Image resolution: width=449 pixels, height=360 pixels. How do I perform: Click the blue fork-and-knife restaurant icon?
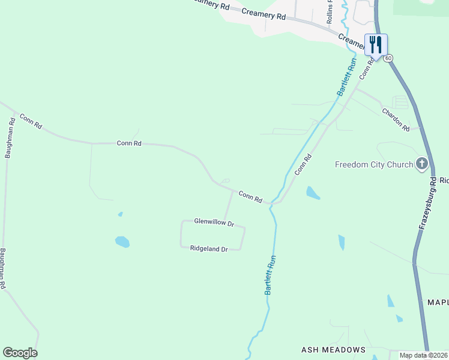coord(376,44)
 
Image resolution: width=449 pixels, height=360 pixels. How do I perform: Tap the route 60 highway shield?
coord(389,58)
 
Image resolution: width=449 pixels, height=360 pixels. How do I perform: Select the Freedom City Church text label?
coord(374,164)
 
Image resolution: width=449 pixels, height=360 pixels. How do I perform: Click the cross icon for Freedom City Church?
coord(422,163)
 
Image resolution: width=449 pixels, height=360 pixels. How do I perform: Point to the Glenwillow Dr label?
coord(214,221)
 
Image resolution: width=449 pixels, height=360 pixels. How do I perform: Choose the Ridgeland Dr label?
coord(209,248)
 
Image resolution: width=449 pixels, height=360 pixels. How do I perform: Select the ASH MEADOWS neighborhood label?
coord(333,350)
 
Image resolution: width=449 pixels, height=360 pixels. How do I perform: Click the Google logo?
coord(20,353)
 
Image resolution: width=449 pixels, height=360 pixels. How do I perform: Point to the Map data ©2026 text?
coord(424,355)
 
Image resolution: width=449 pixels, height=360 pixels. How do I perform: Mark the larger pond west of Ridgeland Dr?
coord(122,242)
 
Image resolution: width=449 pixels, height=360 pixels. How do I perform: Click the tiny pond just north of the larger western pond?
coord(121,214)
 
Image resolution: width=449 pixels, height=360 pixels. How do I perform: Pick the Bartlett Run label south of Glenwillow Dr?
coord(271,275)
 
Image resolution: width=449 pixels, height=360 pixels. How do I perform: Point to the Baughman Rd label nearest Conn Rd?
coord(10,137)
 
